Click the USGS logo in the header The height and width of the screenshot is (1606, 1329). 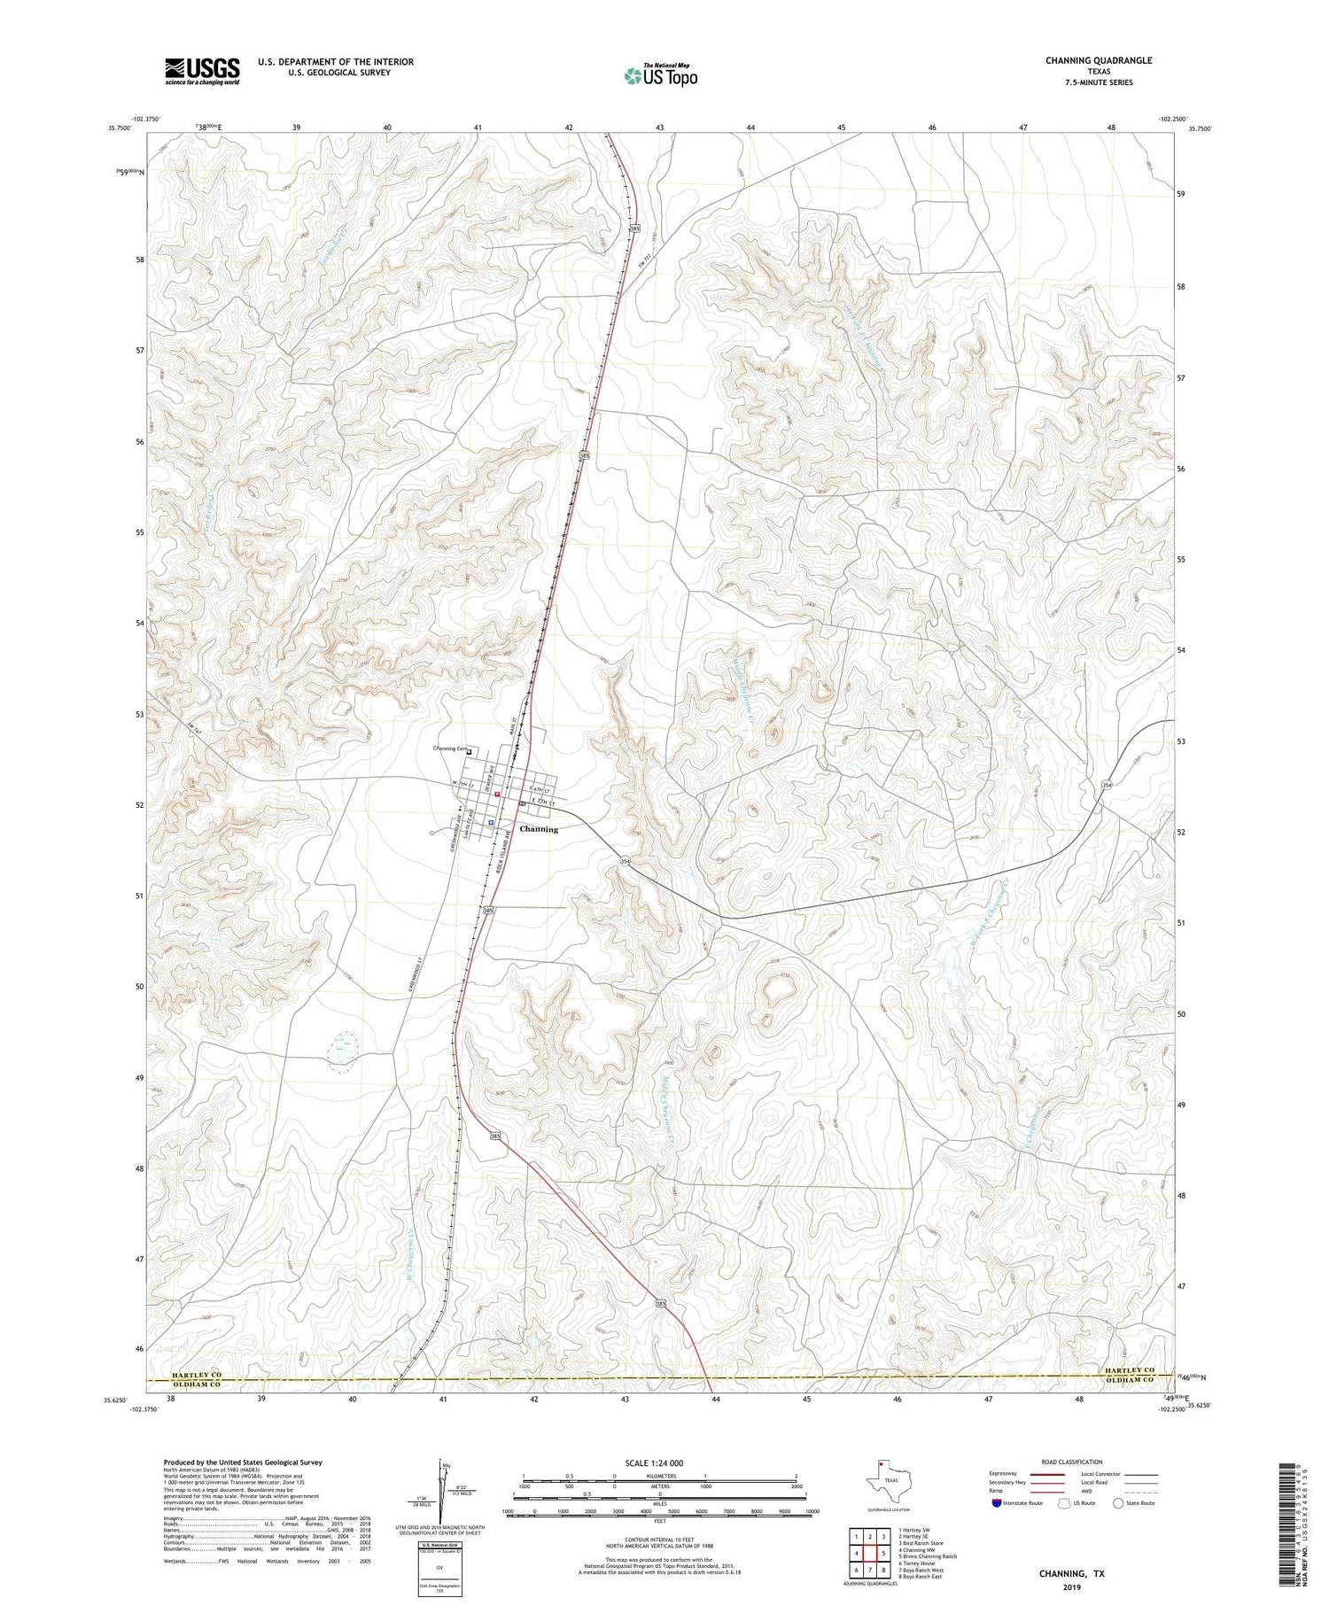202,71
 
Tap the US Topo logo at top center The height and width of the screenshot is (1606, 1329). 660,75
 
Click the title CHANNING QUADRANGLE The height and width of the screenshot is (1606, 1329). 1098,60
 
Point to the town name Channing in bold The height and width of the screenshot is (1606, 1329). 539,829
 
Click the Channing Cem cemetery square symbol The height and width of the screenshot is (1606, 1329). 470,753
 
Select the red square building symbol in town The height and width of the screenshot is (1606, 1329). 498,794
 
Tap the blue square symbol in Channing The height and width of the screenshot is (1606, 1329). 491,822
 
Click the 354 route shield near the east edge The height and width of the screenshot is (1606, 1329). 1107,786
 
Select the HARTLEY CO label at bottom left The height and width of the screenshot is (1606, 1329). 185,1374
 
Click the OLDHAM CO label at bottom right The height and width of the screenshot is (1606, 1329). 1129,1380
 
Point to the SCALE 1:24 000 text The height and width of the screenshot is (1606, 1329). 659,1462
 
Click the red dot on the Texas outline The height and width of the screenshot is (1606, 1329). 880,1463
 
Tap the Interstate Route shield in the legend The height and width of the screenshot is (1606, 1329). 996,1502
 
